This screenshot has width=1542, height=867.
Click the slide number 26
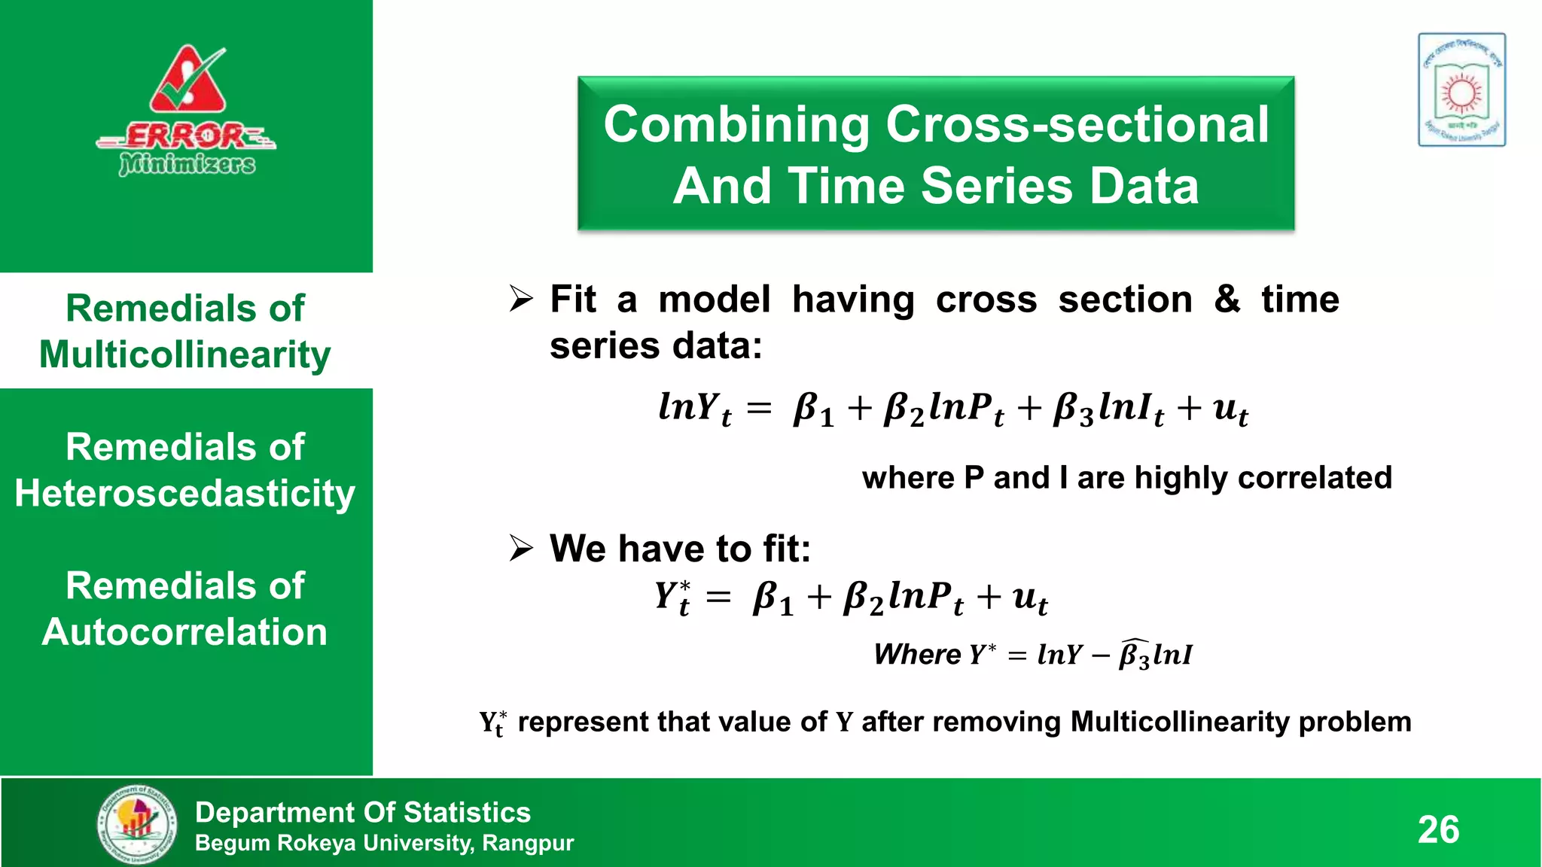(x=1438, y=829)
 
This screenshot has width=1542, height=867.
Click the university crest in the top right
(x=1461, y=90)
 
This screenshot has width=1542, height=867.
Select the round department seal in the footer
(x=138, y=823)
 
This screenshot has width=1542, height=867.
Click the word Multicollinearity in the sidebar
(x=185, y=354)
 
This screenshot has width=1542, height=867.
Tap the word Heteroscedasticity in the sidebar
(x=185, y=494)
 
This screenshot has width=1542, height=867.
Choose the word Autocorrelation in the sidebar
(x=185, y=631)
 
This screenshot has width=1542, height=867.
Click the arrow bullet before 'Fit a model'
(x=520, y=299)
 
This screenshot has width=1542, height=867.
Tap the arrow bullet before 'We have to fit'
(x=520, y=548)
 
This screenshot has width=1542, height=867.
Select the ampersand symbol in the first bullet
(x=1227, y=299)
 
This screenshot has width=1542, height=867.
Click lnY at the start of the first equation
(x=693, y=409)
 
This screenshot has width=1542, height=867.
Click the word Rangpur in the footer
(x=528, y=843)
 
